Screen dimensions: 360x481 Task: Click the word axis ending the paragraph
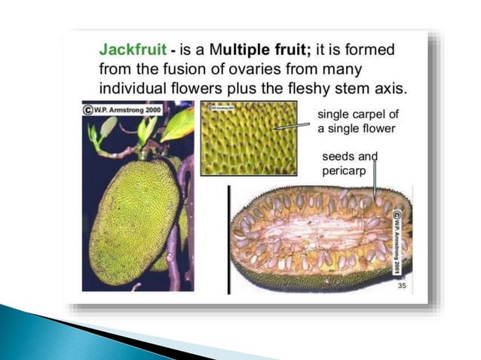click(x=390, y=87)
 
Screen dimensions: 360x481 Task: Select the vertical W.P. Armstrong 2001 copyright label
click(x=397, y=241)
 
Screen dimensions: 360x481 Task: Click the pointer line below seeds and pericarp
click(x=374, y=183)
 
